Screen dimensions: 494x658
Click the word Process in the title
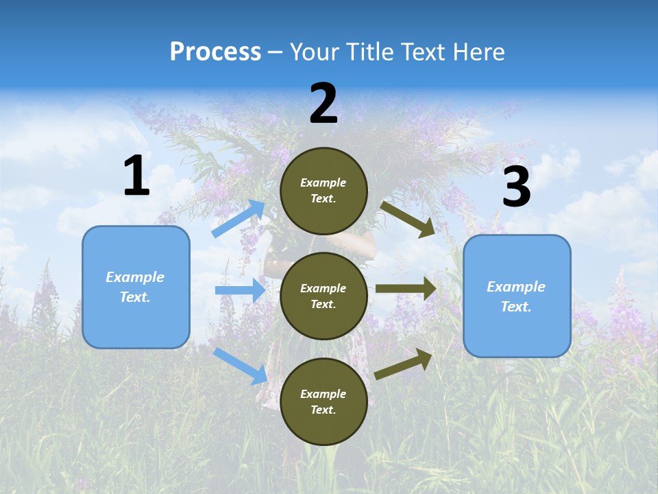pyautogui.click(x=215, y=52)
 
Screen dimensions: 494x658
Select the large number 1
pyautogui.click(x=136, y=176)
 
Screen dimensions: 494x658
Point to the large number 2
pyautogui.click(x=324, y=104)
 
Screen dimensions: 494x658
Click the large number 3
pyautogui.click(x=516, y=187)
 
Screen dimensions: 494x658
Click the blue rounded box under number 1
pyautogui.click(x=136, y=287)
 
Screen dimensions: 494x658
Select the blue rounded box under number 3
pyautogui.click(x=517, y=296)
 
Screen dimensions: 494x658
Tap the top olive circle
pyautogui.click(x=324, y=191)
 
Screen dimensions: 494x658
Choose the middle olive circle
pyautogui.click(x=324, y=296)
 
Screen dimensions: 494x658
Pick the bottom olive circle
pyautogui.click(x=324, y=401)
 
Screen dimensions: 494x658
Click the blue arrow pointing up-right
pyautogui.click(x=239, y=219)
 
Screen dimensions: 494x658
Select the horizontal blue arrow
pyautogui.click(x=240, y=290)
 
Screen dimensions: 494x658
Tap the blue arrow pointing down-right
pyautogui.click(x=241, y=366)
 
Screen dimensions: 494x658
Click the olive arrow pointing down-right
pyautogui.click(x=408, y=219)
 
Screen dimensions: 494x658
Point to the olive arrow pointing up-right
pyautogui.click(x=404, y=363)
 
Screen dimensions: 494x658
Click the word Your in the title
pyautogui.click(x=315, y=52)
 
